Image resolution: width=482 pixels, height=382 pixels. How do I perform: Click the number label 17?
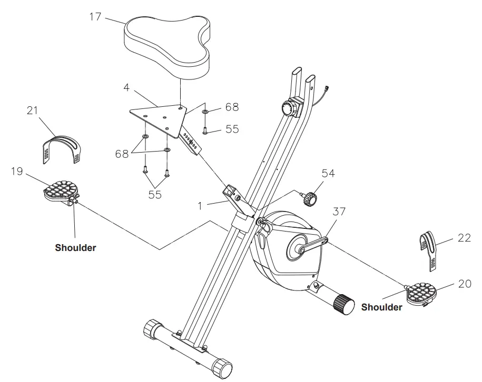95,16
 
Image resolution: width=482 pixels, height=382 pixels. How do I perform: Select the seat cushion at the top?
167,44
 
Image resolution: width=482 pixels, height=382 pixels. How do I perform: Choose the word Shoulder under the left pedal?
75,247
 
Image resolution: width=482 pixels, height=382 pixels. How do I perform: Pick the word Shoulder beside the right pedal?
381,307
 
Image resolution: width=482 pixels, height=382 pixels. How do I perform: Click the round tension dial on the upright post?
289,109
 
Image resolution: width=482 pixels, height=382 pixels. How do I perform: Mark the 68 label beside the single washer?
232,107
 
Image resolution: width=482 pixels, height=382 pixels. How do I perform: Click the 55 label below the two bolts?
154,195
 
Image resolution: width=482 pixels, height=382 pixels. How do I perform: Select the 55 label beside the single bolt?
232,129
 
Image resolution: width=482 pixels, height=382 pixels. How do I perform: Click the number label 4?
126,86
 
